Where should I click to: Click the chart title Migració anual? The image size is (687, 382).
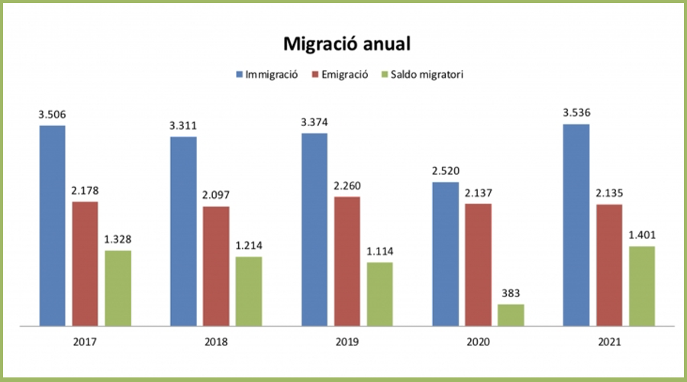click(347, 44)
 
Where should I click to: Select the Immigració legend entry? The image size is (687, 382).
click(268, 75)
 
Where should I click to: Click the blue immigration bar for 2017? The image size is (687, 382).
click(53, 225)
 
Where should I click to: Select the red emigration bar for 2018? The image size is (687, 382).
click(216, 266)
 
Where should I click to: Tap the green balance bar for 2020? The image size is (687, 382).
click(511, 315)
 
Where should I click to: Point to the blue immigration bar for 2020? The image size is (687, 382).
click(446, 254)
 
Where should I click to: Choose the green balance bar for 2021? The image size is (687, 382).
click(642, 286)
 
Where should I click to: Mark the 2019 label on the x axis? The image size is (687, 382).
click(347, 342)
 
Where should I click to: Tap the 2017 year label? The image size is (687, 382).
click(85, 342)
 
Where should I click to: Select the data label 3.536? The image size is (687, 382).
click(577, 114)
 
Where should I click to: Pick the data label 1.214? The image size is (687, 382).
click(249, 246)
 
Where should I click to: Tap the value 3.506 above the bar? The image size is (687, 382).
click(53, 115)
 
